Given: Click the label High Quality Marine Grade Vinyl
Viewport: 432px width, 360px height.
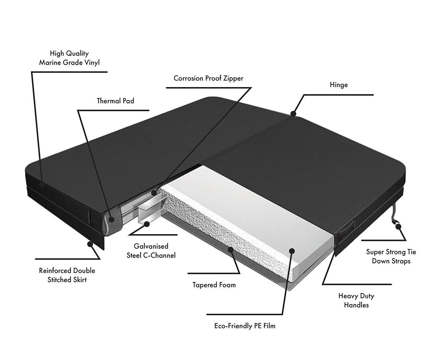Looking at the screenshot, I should [x=69, y=58].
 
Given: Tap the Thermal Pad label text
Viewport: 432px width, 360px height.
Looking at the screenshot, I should [x=116, y=101].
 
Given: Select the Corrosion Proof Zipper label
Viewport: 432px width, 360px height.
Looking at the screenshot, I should [x=208, y=78].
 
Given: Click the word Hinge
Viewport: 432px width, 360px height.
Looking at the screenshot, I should [x=339, y=85].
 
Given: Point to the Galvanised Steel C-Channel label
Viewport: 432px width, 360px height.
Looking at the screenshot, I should [x=151, y=250].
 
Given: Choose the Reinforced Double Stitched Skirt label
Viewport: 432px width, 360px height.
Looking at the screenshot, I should [x=67, y=275].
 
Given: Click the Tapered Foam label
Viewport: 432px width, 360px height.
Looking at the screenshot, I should [x=214, y=285].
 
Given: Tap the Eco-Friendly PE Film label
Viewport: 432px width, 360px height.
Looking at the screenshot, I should [x=245, y=326].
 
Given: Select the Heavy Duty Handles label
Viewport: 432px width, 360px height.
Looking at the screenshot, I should [x=356, y=300].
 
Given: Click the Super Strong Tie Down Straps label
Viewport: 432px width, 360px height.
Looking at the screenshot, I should [x=391, y=256].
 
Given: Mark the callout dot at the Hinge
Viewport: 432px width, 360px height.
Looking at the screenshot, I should [x=293, y=114].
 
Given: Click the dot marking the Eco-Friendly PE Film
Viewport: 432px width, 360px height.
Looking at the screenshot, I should [x=292, y=251].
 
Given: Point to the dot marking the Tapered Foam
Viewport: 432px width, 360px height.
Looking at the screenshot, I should [x=231, y=249].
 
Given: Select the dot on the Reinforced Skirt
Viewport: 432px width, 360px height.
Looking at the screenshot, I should [x=90, y=243].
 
